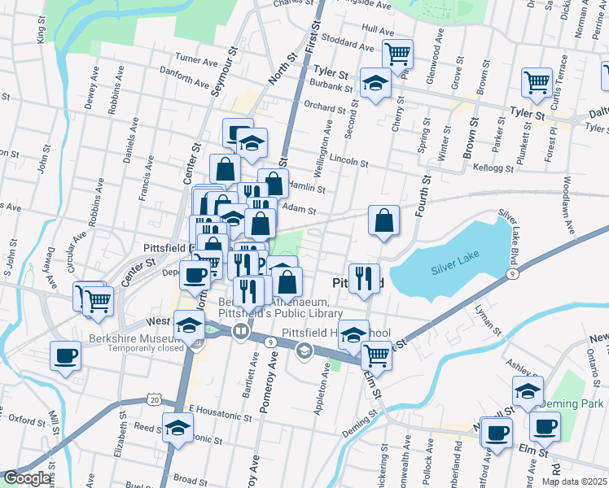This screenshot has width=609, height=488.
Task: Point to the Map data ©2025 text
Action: [569, 481]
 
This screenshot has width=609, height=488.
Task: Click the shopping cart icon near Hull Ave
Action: [397, 54]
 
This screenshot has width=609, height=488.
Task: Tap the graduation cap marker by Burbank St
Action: [375, 83]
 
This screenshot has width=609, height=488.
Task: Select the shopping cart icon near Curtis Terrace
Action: [537, 81]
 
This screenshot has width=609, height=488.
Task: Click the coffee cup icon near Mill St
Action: [65, 355]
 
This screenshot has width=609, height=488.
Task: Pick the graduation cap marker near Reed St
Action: [177, 427]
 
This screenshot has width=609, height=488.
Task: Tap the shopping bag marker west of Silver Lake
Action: [383, 220]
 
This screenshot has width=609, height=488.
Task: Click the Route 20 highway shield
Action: [154, 398]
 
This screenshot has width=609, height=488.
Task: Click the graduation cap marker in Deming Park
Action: [528, 390]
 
